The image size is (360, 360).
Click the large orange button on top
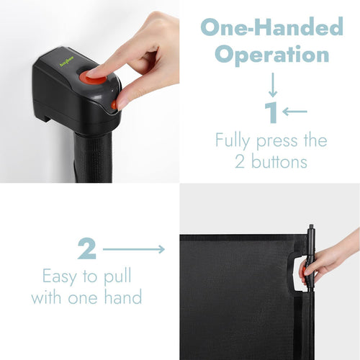(93, 77)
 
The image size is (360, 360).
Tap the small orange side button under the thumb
(114, 104)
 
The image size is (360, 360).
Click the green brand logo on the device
(67, 61)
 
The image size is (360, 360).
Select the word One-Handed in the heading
(272, 27)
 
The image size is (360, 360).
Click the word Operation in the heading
(272, 55)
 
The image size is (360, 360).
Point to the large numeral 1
(271, 112)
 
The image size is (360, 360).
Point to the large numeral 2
(87, 248)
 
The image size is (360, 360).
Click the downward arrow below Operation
(273, 85)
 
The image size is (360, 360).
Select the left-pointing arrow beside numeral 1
(294, 112)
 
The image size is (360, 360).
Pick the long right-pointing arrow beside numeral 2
(134, 249)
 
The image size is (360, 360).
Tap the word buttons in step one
(279, 161)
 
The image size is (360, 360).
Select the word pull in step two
(117, 276)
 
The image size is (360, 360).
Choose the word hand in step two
(123, 297)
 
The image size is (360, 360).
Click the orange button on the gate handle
(305, 271)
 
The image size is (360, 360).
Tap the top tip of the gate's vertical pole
(311, 225)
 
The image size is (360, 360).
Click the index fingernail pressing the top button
(91, 73)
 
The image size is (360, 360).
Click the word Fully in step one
(233, 140)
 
